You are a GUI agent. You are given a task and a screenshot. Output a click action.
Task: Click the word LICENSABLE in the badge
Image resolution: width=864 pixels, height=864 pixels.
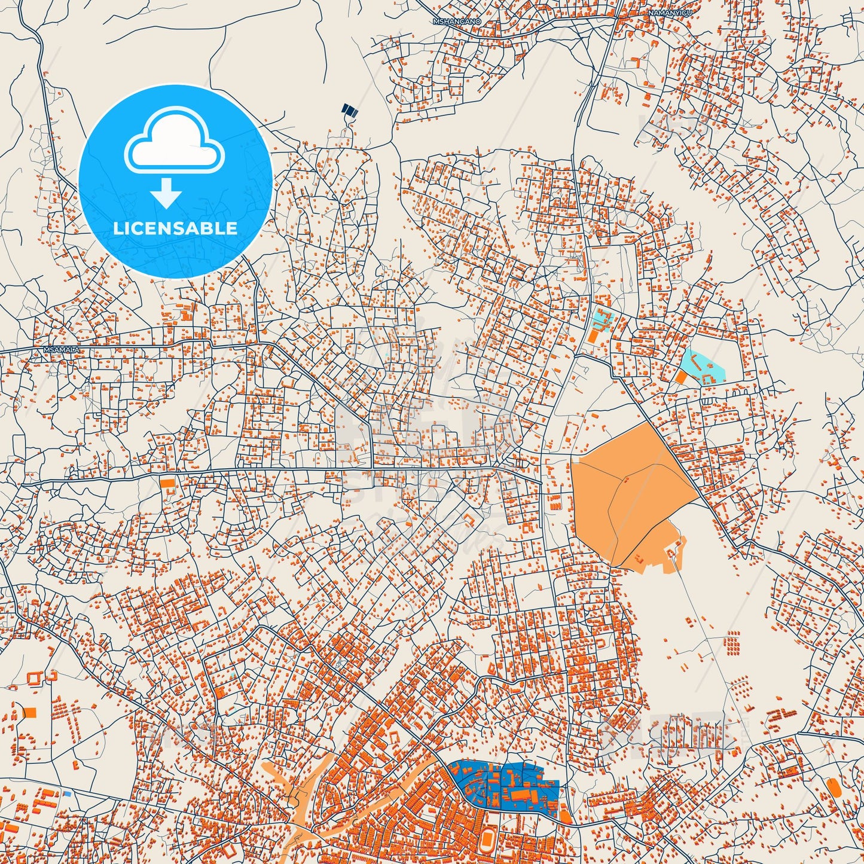click(176, 228)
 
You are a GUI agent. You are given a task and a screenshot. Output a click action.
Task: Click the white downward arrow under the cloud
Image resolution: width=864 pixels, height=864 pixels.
click(167, 194)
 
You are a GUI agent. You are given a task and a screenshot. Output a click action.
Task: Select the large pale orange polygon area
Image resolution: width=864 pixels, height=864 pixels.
click(628, 490)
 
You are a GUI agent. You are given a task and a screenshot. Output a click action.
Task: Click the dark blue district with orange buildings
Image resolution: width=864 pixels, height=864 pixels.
click(508, 784)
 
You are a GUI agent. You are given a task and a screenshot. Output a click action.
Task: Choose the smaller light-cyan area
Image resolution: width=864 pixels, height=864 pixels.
click(600, 319)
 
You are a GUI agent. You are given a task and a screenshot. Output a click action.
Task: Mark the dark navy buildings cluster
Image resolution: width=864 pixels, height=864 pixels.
click(349, 110)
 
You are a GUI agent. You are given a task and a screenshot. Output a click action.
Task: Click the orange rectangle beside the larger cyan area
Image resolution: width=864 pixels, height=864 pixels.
click(681, 377)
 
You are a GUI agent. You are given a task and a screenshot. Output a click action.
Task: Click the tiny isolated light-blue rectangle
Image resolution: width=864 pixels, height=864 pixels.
click(67, 793)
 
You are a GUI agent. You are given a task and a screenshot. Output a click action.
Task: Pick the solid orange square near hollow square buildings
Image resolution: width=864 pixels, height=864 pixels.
click(30, 712)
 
